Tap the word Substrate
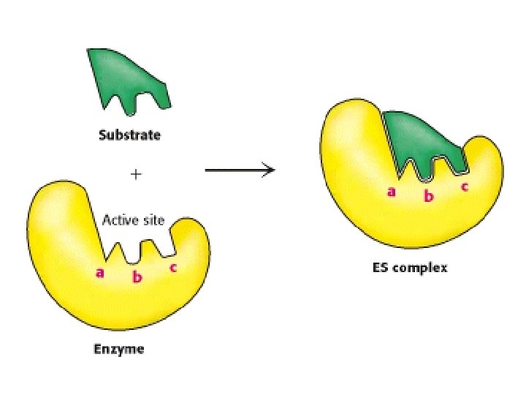click(x=130, y=135)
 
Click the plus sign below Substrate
click(x=134, y=174)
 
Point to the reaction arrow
click(x=240, y=170)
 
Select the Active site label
click(x=133, y=219)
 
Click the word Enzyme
click(x=119, y=349)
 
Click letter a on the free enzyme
click(x=100, y=273)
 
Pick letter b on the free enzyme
click(x=136, y=276)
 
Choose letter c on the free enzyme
click(x=172, y=267)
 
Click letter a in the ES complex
click(x=391, y=192)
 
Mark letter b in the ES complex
click(x=429, y=196)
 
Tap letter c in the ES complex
click(x=464, y=186)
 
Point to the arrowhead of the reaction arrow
click(x=270, y=170)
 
